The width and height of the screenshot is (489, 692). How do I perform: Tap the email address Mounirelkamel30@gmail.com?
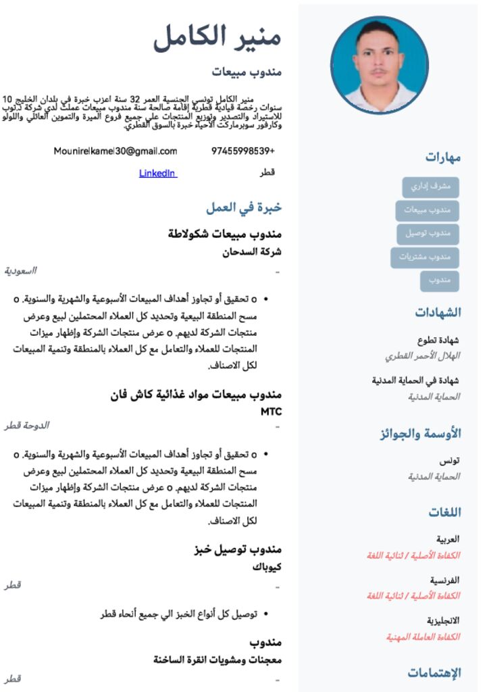pos(115,151)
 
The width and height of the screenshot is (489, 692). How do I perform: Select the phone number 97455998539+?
pos(243,151)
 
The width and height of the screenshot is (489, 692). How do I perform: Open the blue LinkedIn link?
pos(158,173)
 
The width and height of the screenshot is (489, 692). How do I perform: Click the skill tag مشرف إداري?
pos(430,187)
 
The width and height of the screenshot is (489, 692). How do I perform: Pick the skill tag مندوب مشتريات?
pos(425,257)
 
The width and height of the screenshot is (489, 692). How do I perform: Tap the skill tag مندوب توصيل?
pos(428,234)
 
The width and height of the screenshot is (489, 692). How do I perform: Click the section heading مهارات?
pos(443,157)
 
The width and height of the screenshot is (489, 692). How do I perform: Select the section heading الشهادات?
pos(438,312)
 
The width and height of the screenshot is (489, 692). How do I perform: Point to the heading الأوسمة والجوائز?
pos(420,433)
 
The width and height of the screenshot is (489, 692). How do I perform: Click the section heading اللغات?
pos(444,512)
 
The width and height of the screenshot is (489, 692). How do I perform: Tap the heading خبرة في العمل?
pos(244,208)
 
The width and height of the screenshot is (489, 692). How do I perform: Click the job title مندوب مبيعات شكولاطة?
pos(224,234)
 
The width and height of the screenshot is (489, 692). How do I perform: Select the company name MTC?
pos(271,411)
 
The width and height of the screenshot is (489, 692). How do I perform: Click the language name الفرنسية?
pos(445,580)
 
